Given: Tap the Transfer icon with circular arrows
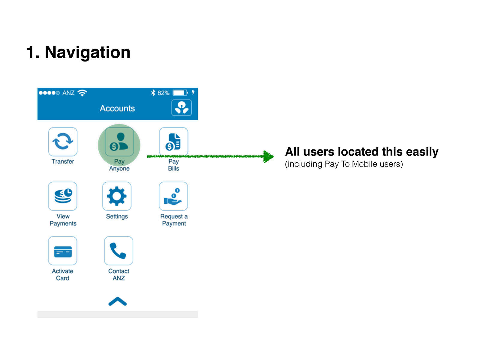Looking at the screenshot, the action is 62,142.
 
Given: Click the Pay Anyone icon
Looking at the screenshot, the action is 119,142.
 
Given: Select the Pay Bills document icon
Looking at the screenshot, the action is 173,142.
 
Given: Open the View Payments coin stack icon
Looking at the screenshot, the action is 62,196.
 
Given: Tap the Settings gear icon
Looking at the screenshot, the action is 117,196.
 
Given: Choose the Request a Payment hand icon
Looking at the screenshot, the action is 173,196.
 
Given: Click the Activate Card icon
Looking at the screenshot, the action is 62,250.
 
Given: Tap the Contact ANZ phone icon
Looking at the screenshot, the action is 118,250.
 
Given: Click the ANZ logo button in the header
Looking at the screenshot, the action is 181,107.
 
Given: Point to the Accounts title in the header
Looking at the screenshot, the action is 117,108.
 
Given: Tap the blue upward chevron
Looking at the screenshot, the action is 117,301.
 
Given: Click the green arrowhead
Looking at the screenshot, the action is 268,156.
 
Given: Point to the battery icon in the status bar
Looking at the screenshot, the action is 180,93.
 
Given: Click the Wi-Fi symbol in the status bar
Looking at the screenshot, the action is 82,93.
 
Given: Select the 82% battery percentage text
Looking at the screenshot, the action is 163,93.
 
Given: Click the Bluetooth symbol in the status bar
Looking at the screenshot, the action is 153,93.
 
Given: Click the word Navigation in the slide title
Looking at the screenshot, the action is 88,52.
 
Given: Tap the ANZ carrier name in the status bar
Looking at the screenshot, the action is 68,93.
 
